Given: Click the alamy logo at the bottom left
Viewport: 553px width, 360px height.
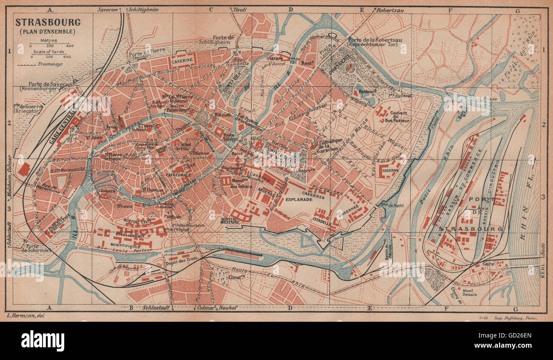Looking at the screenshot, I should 43,340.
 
